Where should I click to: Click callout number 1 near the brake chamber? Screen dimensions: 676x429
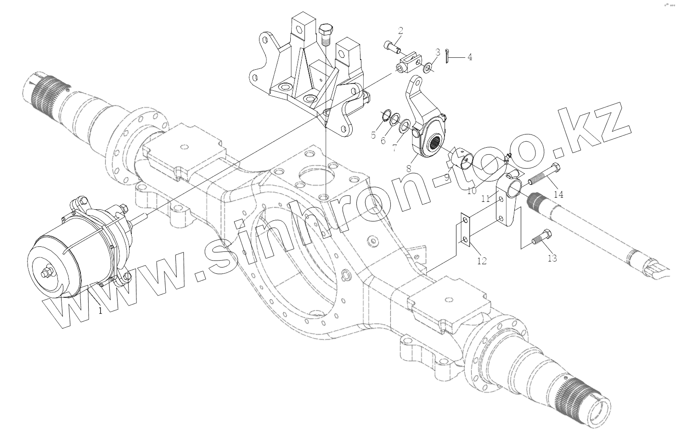(101, 311)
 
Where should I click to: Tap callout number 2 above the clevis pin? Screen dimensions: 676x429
(400, 31)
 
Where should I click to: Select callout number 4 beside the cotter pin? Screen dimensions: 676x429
(469, 57)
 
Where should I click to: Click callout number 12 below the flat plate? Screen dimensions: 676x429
(482, 261)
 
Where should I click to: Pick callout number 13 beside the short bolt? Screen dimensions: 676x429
(552, 258)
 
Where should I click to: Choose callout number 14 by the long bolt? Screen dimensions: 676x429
(558, 194)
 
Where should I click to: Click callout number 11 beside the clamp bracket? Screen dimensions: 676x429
(485, 199)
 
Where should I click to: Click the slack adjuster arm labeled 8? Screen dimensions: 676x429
(425, 124)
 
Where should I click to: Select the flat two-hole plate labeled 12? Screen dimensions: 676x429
(465, 231)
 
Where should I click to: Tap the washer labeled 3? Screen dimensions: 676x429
(428, 68)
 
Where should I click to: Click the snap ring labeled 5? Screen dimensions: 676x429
(385, 115)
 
